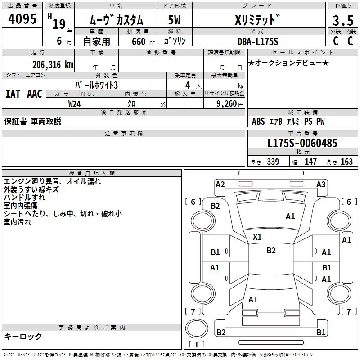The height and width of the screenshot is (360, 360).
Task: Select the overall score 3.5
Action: pyautogui.click(x=342, y=21)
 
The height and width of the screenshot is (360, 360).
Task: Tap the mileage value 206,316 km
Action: pyautogui.click(x=53, y=64)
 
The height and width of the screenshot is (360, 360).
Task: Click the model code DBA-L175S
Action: pyautogui.click(x=258, y=41)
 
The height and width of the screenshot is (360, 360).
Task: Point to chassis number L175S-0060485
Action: pyautogui.click(x=302, y=144)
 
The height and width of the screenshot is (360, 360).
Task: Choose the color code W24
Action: pyautogui.click(x=75, y=103)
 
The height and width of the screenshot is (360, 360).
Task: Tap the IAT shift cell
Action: pyautogui.click(x=13, y=94)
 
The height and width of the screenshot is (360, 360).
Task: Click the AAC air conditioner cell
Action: pyautogui.click(x=35, y=94)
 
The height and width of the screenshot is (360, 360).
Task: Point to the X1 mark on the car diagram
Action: pyautogui.click(x=257, y=237)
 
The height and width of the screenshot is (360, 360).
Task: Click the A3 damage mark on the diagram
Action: pyautogui.click(x=321, y=184)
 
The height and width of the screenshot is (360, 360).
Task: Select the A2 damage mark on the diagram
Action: pyautogui.click(x=220, y=184)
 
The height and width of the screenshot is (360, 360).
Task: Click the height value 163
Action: pyautogui.click(x=346, y=162)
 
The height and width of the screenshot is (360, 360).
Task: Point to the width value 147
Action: pyautogui.click(x=310, y=162)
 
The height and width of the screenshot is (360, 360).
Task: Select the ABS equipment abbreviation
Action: pyautogui.click(x=258, y=121)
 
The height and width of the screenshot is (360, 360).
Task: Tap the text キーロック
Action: pyautogui.click(x=23, y=336)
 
